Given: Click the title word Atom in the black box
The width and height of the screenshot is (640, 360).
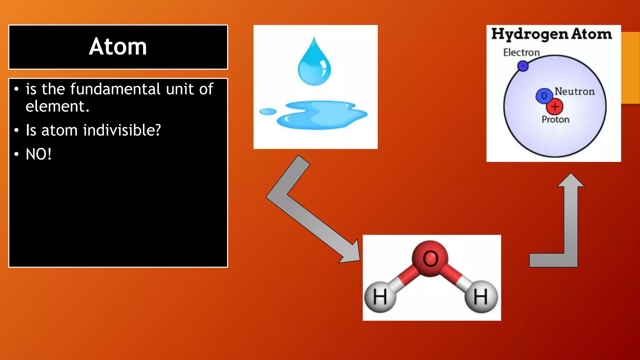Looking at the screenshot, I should [x=118, y=47].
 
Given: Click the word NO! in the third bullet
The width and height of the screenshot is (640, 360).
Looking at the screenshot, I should [x=38, y=154].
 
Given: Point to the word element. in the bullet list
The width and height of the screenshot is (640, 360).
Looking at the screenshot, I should [x=57, y=107].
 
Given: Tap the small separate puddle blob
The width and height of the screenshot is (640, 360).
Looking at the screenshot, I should [x=268, y=112].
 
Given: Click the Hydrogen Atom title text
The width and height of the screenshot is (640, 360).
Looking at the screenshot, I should [x=552, y=34].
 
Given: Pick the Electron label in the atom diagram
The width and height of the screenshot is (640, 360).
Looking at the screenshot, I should [x=521, y=52].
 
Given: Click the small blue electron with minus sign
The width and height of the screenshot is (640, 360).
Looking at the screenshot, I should [x=523, y=66].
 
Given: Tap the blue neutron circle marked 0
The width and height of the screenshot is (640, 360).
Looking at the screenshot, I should [x=544, y=96].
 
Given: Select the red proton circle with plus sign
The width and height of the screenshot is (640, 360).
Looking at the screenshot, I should [x=555, y=107].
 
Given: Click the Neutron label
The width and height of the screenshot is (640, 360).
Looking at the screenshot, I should [x=574, y=92].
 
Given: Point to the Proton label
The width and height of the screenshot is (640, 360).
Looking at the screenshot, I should [x=555, y=119].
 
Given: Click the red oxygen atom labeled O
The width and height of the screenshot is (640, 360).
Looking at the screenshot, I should [x=430, y=258].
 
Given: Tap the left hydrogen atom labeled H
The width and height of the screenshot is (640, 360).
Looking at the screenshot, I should [x=380, y=297].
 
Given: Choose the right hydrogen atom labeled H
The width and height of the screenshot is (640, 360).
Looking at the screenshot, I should [x=481, y=297].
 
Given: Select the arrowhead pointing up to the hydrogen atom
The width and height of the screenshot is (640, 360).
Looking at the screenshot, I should [x=571, y=181].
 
